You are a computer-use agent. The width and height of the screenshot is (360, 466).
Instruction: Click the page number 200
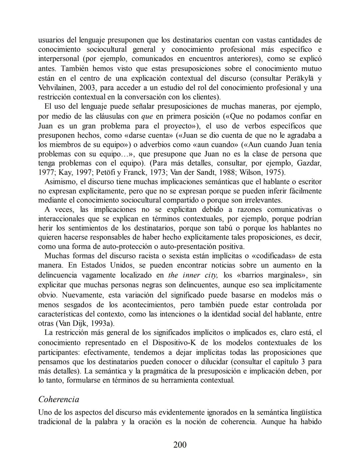180,445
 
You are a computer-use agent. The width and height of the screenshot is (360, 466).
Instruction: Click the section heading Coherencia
59,399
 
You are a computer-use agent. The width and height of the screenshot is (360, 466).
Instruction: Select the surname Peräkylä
300,78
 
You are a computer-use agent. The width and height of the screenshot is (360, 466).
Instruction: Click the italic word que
147,116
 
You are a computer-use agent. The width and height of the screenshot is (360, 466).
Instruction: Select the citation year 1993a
102,323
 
